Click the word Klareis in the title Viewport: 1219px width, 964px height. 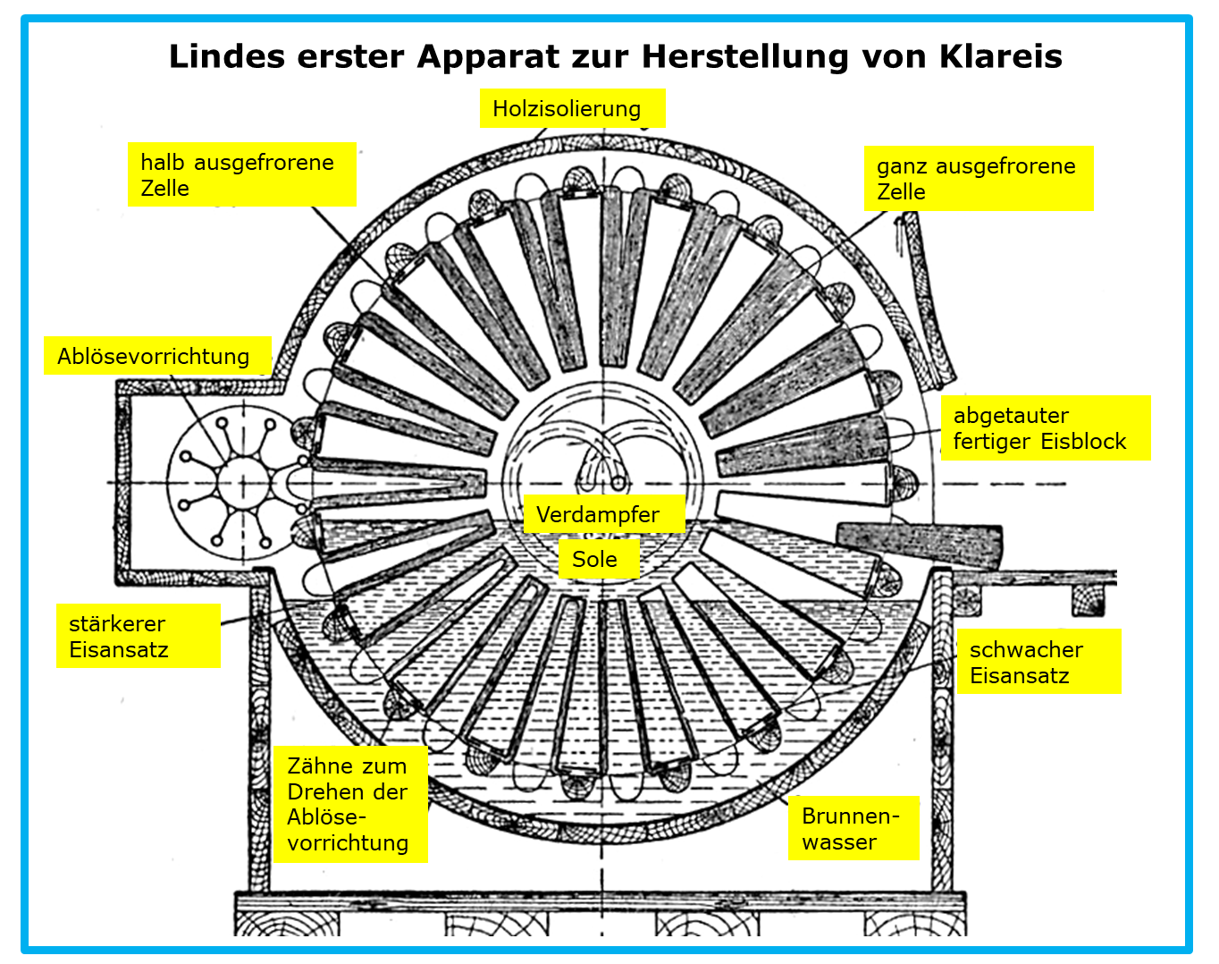pyautogui.click(x=1000, y=56)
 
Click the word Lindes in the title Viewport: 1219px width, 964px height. pyautogui.click(x=227, y=56)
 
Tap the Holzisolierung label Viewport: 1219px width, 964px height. pyautogui.click(x=572, y=108)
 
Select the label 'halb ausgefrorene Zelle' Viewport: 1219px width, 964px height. pyautogui.click(x=242, y=174)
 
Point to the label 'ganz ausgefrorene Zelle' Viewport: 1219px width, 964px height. pyautogui.click(x=979, y=179)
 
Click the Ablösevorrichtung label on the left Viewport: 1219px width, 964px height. pyautogui.click(x=157, y=356)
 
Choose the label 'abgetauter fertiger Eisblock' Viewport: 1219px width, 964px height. pyautogui.click(x=1046, y=427)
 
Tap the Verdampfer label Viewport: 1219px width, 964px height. pyautogui.click(x=604, y=514)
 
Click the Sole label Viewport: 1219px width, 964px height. pyautogui.click(x=599, y=559)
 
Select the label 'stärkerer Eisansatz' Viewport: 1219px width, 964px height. pyautogui.click(x=139, y=636)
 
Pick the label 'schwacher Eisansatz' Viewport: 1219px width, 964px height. pyautogui.click(x=1038, y=662)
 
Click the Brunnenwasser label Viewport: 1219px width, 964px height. pyautogui.click(x=853, y=829)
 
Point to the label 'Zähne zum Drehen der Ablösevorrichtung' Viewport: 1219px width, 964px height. pyautogui.click(x=350, y=804)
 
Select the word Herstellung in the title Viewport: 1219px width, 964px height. pyautogui.click(x=744, y=56)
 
